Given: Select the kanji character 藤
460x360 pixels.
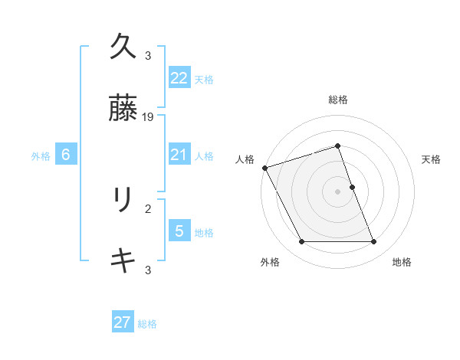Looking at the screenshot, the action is (x=123, y=108).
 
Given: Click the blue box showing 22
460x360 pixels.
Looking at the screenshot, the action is (x=179, y=78).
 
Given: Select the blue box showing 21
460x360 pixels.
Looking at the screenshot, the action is (x=179, y=155).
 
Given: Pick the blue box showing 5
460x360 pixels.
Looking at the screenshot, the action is (x=179, y=231).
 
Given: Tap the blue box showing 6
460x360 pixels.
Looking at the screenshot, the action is (x=66, y=155).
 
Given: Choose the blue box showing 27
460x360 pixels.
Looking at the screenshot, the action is (x=123, y=322).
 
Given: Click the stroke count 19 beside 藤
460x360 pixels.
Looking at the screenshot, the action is (x=149, y=117).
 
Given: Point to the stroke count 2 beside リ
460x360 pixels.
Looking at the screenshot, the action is (x=148, y=208).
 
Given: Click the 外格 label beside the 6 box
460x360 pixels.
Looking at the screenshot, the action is (x=41, y=156).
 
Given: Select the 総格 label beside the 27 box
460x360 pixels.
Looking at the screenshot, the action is (x=148, y=324).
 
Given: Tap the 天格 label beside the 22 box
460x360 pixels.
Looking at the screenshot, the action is (x=204, y=80).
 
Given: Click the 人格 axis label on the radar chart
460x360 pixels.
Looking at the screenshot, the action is (x=245, y=159).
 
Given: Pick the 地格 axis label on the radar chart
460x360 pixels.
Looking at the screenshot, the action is (x=402, y=262).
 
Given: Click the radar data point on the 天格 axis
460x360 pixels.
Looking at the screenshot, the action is (x=352, y=187).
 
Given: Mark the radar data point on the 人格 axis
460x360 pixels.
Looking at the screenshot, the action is (x=264, y=168).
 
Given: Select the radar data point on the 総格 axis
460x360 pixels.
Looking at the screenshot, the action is (x=337, y=146).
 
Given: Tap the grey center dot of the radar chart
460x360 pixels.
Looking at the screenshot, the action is (x=337, y=191).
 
